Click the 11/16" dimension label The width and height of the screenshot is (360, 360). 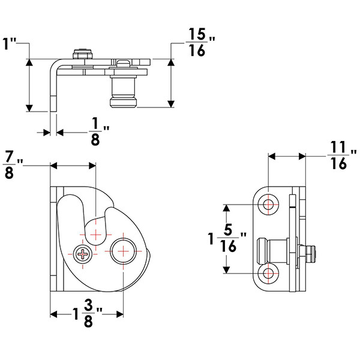point(340,155)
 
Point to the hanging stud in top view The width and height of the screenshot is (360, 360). point(123,90)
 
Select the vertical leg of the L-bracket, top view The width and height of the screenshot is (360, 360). point(53,87)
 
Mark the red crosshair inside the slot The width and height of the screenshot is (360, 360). point(95,230)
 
